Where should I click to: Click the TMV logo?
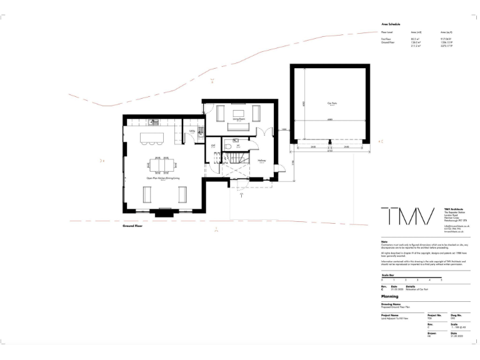click(407, 217)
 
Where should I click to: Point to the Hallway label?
click(262, 161)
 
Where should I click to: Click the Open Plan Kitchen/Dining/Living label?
click(162, 179)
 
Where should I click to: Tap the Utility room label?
click(192, 131)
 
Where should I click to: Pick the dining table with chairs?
click(162, 164)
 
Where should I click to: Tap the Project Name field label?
click(391, 315)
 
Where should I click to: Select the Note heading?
click(384, 241)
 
